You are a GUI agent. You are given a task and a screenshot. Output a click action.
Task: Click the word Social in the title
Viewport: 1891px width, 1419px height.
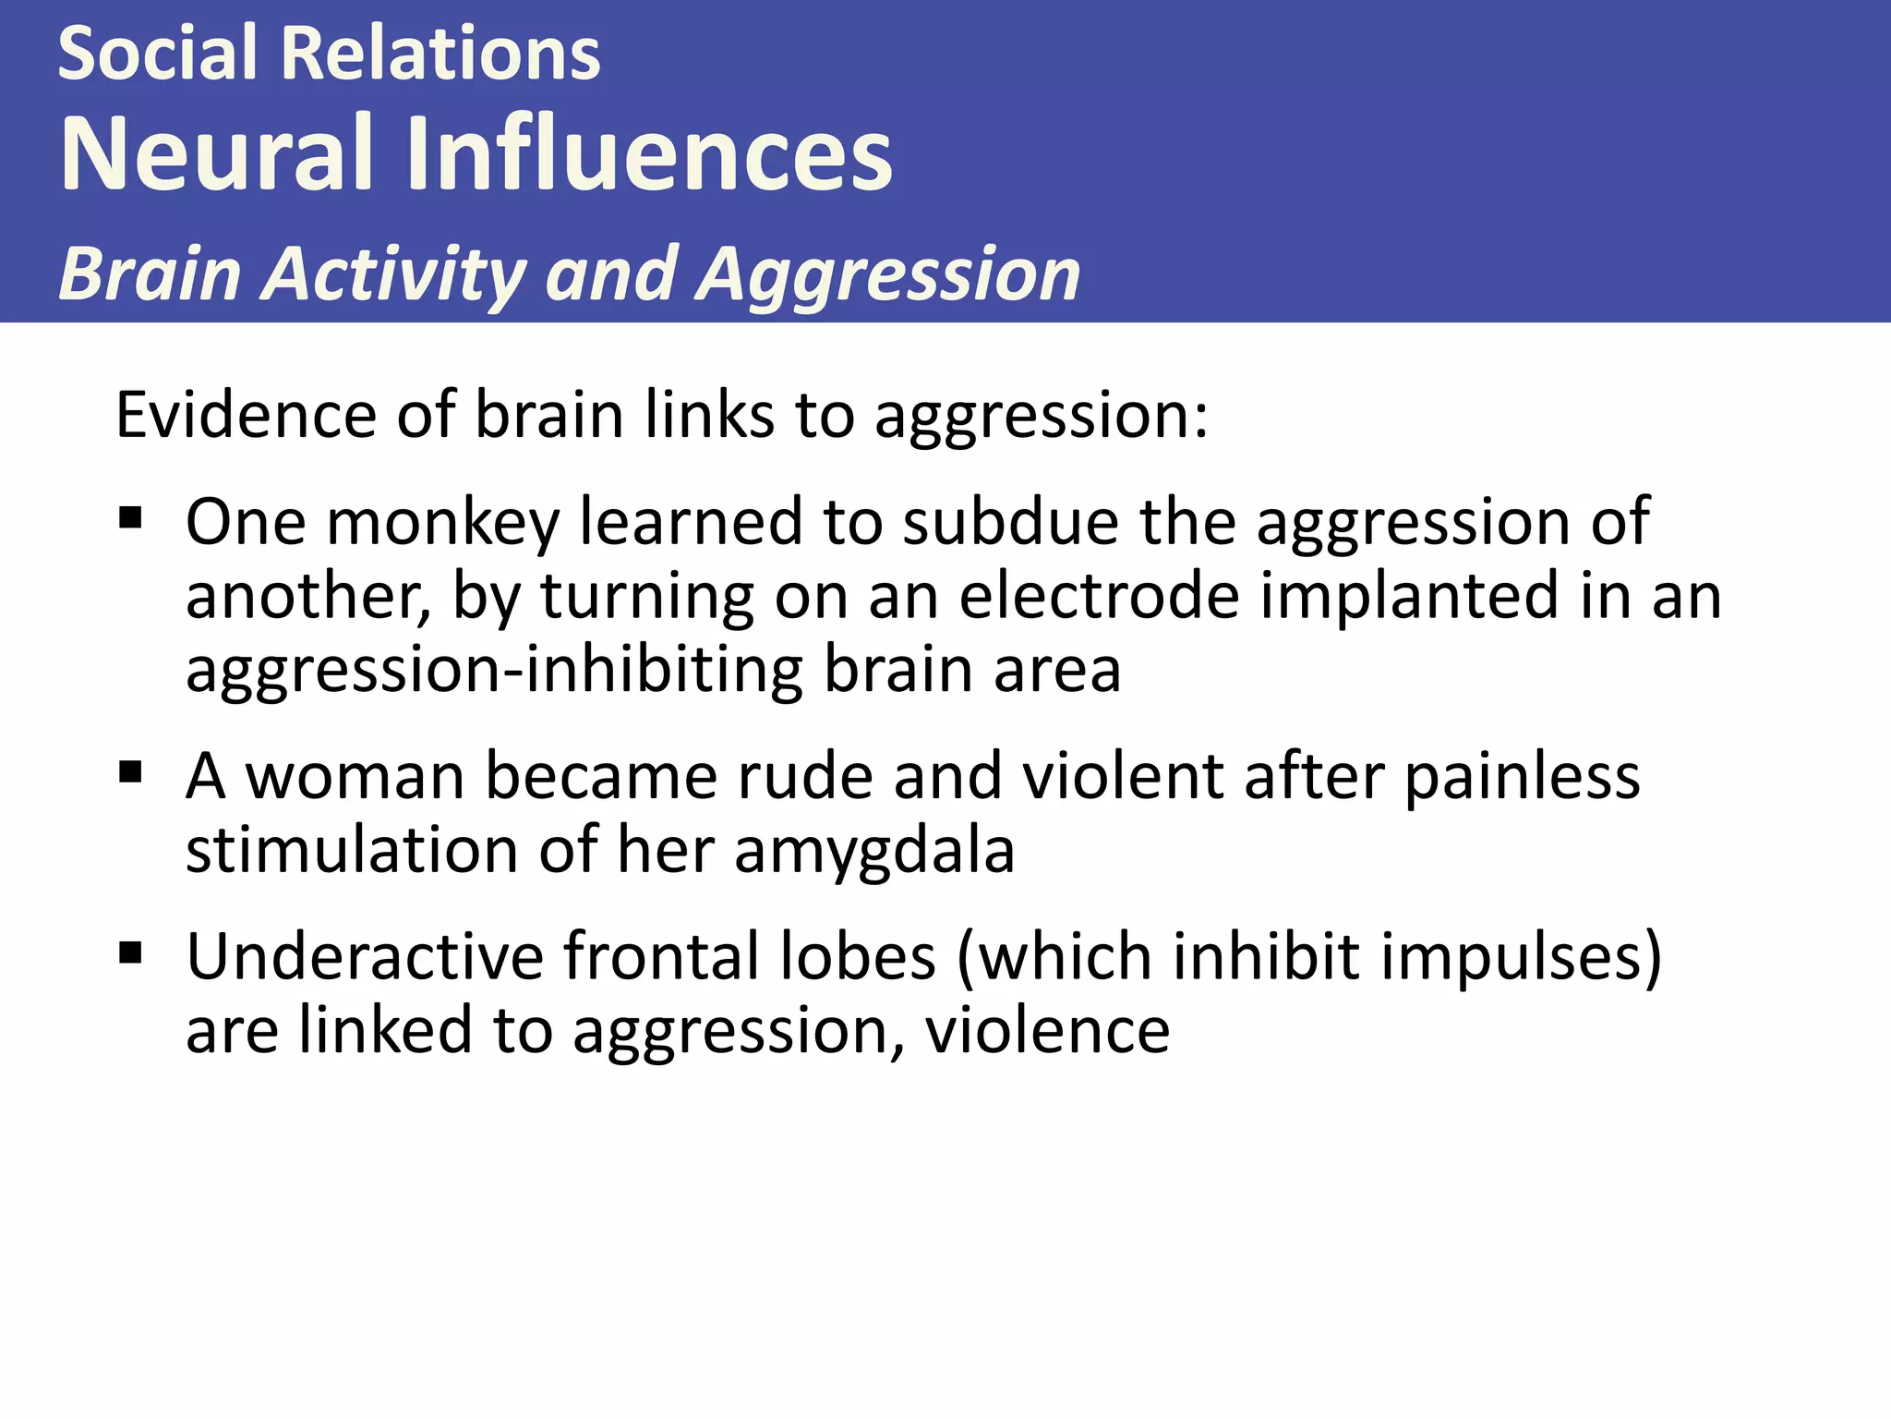click(x=158, y=54)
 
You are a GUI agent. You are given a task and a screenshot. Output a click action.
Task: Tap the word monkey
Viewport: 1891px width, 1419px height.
click(x=443, y=523)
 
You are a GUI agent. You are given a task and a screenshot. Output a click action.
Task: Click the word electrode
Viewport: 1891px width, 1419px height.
click(x=1099, y=596)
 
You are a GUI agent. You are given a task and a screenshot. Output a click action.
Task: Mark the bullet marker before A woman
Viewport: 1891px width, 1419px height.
click(x=130, y=770)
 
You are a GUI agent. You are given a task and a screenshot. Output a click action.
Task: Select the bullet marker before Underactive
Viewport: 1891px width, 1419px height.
click(x=130, y=952)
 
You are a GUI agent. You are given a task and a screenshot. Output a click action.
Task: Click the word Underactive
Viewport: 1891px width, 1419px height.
click(x=365, y=956)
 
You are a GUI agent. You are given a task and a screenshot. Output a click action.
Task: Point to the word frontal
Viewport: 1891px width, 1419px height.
click(x=661, y=956)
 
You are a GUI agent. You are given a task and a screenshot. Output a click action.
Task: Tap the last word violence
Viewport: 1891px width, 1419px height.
click(x=1047, y=1030)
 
